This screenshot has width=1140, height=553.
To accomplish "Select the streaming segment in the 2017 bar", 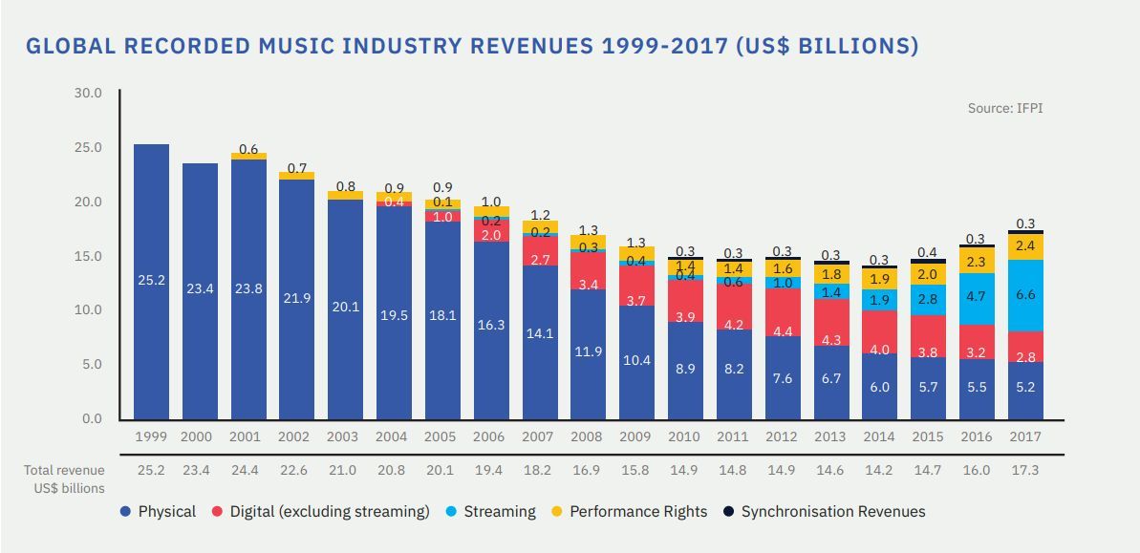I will pos(1024,296).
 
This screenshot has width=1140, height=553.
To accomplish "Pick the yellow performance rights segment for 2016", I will pos(976,261).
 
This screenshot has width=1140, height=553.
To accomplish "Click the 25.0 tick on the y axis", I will pos(86,147).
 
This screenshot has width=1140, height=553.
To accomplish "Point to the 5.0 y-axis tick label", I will pos(90,364).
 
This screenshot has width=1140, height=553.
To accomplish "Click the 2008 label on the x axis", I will pos(587,436).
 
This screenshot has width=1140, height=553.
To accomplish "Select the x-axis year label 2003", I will pos(343,436).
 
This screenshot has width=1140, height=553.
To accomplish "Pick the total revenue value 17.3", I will pos(1024,470).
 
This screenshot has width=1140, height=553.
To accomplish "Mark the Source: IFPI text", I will pos(1005,108).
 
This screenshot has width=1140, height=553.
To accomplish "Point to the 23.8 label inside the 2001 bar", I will pos(249,287).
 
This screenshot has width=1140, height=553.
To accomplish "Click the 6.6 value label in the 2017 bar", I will pos(1024,295).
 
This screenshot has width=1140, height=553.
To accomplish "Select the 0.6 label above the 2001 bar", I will pos(249,149).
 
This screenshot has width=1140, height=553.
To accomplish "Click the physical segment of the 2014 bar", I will pos(878,387).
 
